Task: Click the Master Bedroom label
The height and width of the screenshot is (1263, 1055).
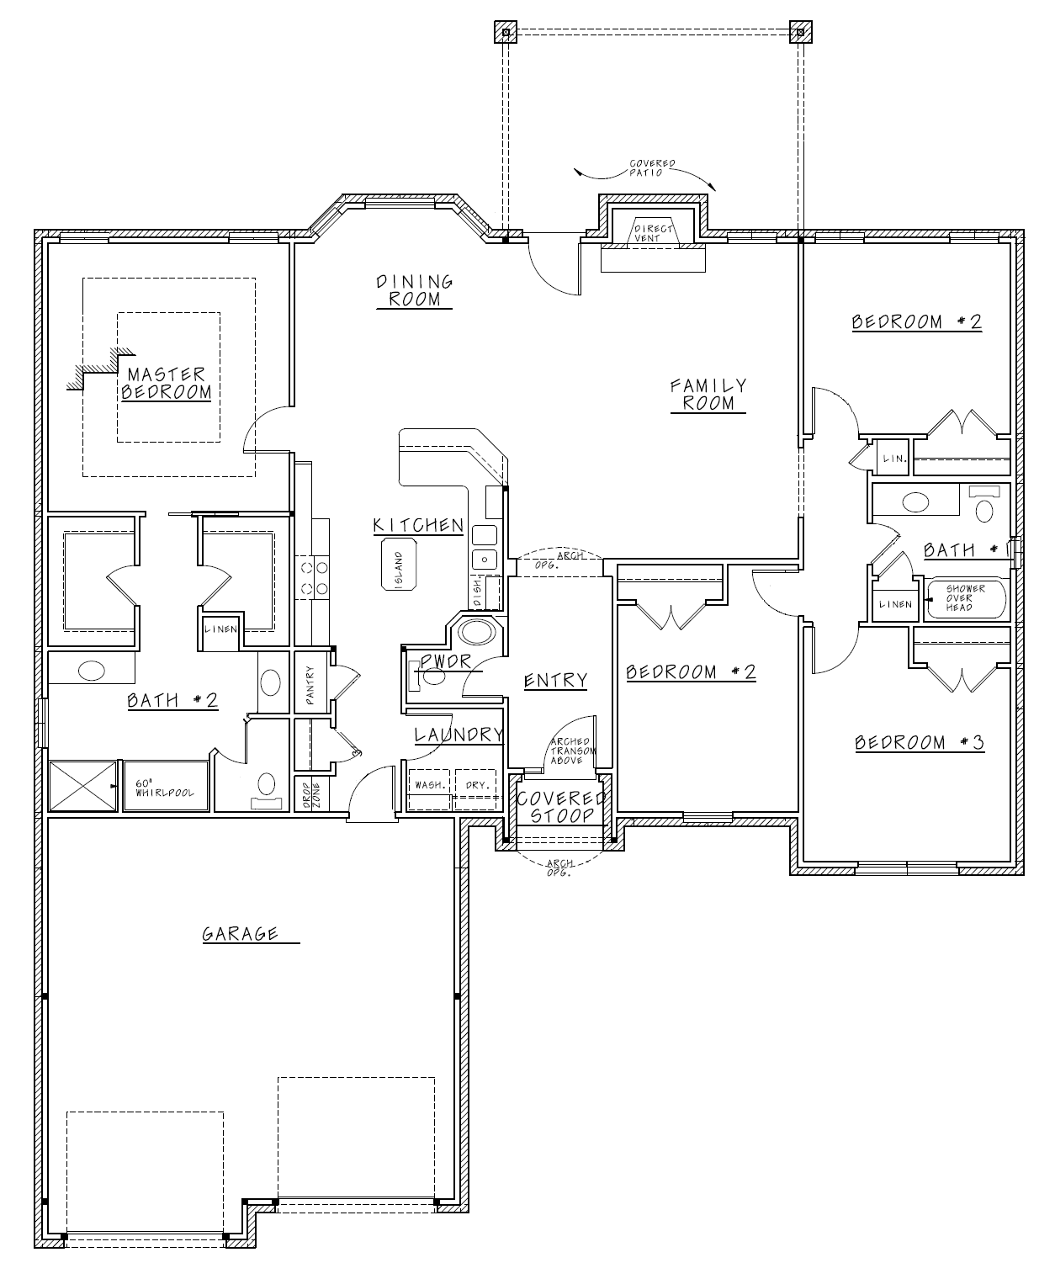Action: (167, 384)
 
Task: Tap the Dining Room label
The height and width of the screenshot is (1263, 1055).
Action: (415, 290)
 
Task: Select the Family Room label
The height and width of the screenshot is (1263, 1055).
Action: (708, 395)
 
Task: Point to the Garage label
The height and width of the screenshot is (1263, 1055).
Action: (240, 933)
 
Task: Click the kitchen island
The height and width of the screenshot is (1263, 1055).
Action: (400, 565)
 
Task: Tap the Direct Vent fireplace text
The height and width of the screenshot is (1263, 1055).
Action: (653, 233)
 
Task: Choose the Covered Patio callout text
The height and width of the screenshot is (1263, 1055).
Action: (652, 168)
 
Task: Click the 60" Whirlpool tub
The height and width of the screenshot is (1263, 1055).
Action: (167, 786)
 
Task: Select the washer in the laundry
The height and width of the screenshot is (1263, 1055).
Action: (429, 788)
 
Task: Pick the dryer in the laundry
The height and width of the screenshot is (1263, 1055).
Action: (475, 788)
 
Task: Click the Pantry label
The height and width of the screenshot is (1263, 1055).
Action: (310, 685)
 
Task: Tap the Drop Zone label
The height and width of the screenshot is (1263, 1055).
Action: (311, 795)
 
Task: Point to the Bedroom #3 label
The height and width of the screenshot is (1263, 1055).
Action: (919, 742)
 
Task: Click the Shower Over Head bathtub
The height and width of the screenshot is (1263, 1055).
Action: (966, 599)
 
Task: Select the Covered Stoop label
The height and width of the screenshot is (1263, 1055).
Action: (561, 807)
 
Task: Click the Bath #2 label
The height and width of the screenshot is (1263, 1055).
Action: (172, 700)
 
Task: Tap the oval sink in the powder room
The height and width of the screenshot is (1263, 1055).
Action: (477, 631)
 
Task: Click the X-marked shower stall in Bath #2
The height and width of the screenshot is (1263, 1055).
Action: (82, 786)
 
